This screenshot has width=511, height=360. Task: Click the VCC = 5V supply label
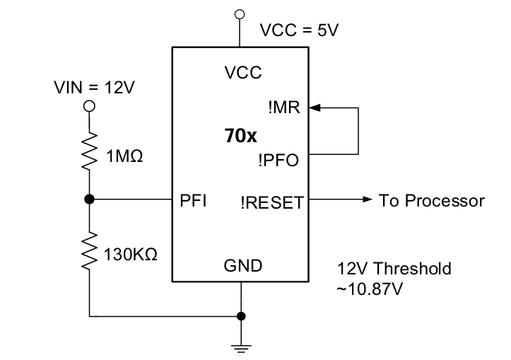click(299, 30)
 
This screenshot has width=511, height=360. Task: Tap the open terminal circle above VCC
click(240, 14)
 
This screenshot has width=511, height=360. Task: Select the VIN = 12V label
click(94, 88)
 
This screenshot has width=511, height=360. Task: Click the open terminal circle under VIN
click(89, 106)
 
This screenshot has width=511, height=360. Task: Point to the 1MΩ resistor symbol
click(89, 151)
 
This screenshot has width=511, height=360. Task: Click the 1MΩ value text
click(124, 156)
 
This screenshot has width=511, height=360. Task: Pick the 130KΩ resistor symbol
click(89, 250)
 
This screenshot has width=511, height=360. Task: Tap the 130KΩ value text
click(130, 255)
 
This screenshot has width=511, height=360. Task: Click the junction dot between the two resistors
click(89, 199)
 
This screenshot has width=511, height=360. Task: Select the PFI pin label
click(193, 200)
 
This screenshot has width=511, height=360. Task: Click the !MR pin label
click(284, 108)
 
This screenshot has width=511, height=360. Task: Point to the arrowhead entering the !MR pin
click(315, 108)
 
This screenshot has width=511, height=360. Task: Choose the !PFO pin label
click(278, 160)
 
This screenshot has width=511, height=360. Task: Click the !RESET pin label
click(272, 202)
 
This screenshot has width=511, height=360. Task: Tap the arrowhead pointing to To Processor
click(367, 199)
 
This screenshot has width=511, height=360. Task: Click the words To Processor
click(431, 201)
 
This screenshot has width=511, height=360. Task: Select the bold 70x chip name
click(240, 136)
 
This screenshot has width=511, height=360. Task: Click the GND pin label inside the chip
click(243, 266)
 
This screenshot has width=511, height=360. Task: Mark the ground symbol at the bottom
click(241, 349)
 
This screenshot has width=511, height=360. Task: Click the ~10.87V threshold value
click(370, 289)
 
